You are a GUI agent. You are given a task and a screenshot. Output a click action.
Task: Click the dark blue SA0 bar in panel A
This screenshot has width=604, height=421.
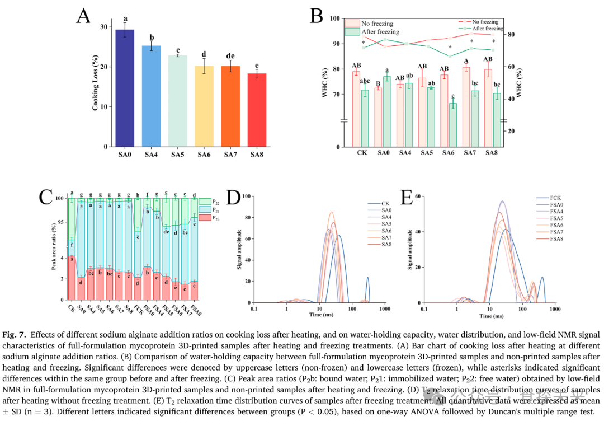pyautogui.click(x=125, y=90)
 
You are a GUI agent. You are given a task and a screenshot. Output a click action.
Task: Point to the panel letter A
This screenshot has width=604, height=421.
pyautogui.click(x=83, y=16)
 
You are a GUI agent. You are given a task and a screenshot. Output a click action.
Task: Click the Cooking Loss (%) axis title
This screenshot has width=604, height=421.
pyautogui.click(x=96, y=83)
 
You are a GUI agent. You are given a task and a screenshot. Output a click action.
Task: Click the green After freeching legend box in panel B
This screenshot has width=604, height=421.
pyautogui.click(x=352, y=32)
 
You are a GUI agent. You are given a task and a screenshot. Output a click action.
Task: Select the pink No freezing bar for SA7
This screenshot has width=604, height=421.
pyautogui.click(x=466, y=107)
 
